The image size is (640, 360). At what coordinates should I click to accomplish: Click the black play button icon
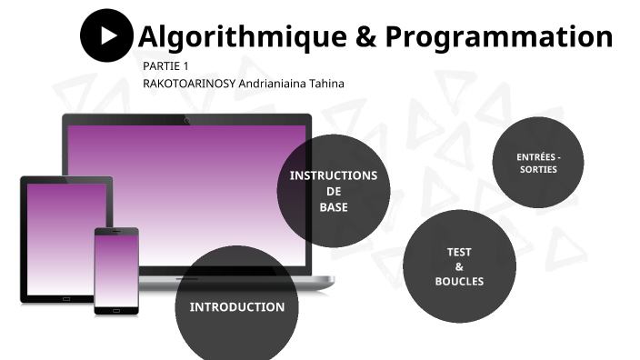pyautogui.click(x=107, y=35)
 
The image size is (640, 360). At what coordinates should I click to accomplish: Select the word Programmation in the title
pyautogui.click(x=498, y=36)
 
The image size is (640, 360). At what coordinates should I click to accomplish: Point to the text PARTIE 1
pyautogui.click(x=165, y=66)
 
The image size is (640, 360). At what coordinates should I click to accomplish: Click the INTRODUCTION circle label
pyautogui.click(x=236, y=307)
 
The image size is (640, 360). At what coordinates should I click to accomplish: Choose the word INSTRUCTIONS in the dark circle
pyautogui.click(x=333, y=175)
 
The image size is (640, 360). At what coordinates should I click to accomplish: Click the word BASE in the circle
pyautogui.click(x=333, y=206)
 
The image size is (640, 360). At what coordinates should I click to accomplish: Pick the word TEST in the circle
pyautogui.click(x=459, y=252)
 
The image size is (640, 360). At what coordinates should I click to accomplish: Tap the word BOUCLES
pyautogui.click(x=459, y=281)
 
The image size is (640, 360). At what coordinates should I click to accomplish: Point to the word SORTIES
pyautogui.click(x=538, y=170)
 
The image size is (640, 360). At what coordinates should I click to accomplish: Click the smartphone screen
pyautogui.click(x=116, y=270)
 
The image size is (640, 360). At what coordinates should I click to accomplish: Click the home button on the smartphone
pyautogui.click(x=116, y=310)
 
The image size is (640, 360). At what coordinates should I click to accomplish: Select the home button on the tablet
pyautogui.click(x=66, y=298)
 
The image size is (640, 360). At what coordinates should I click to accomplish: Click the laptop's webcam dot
pyautogui.click(x=186, y=120)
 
